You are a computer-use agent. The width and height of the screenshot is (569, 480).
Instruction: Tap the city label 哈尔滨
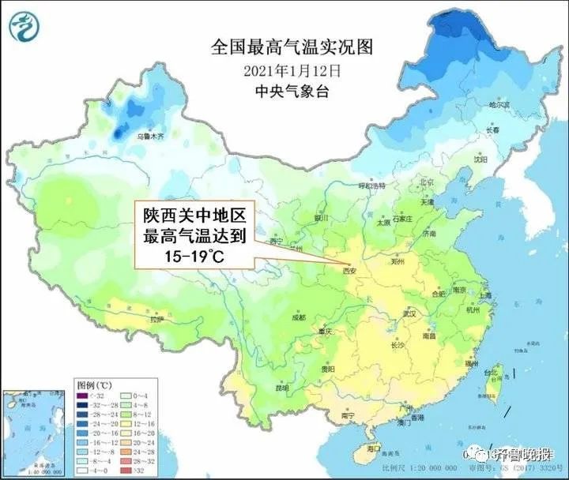click(x=499, y=104)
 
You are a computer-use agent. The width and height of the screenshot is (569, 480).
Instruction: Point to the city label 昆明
click(x=282, y=388)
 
